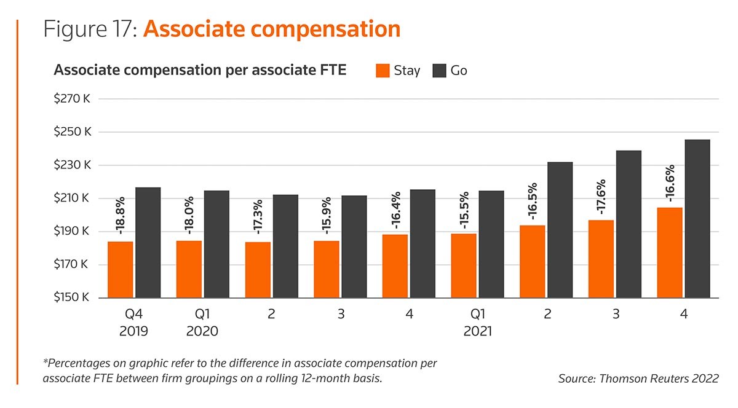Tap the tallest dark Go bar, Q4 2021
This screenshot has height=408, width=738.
[697, 219]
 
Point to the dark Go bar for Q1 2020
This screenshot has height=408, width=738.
[216, 244]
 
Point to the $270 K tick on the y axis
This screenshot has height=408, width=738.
[73, 98]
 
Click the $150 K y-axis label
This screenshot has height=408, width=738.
[73, 298]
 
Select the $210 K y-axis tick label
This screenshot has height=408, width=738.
[73, 198]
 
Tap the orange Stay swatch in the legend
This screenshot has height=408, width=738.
[383, 71]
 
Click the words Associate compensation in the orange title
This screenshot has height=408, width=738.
[271, 29]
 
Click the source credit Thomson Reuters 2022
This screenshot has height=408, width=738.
[638, 379]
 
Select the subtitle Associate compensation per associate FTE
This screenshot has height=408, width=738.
[200, 70]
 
